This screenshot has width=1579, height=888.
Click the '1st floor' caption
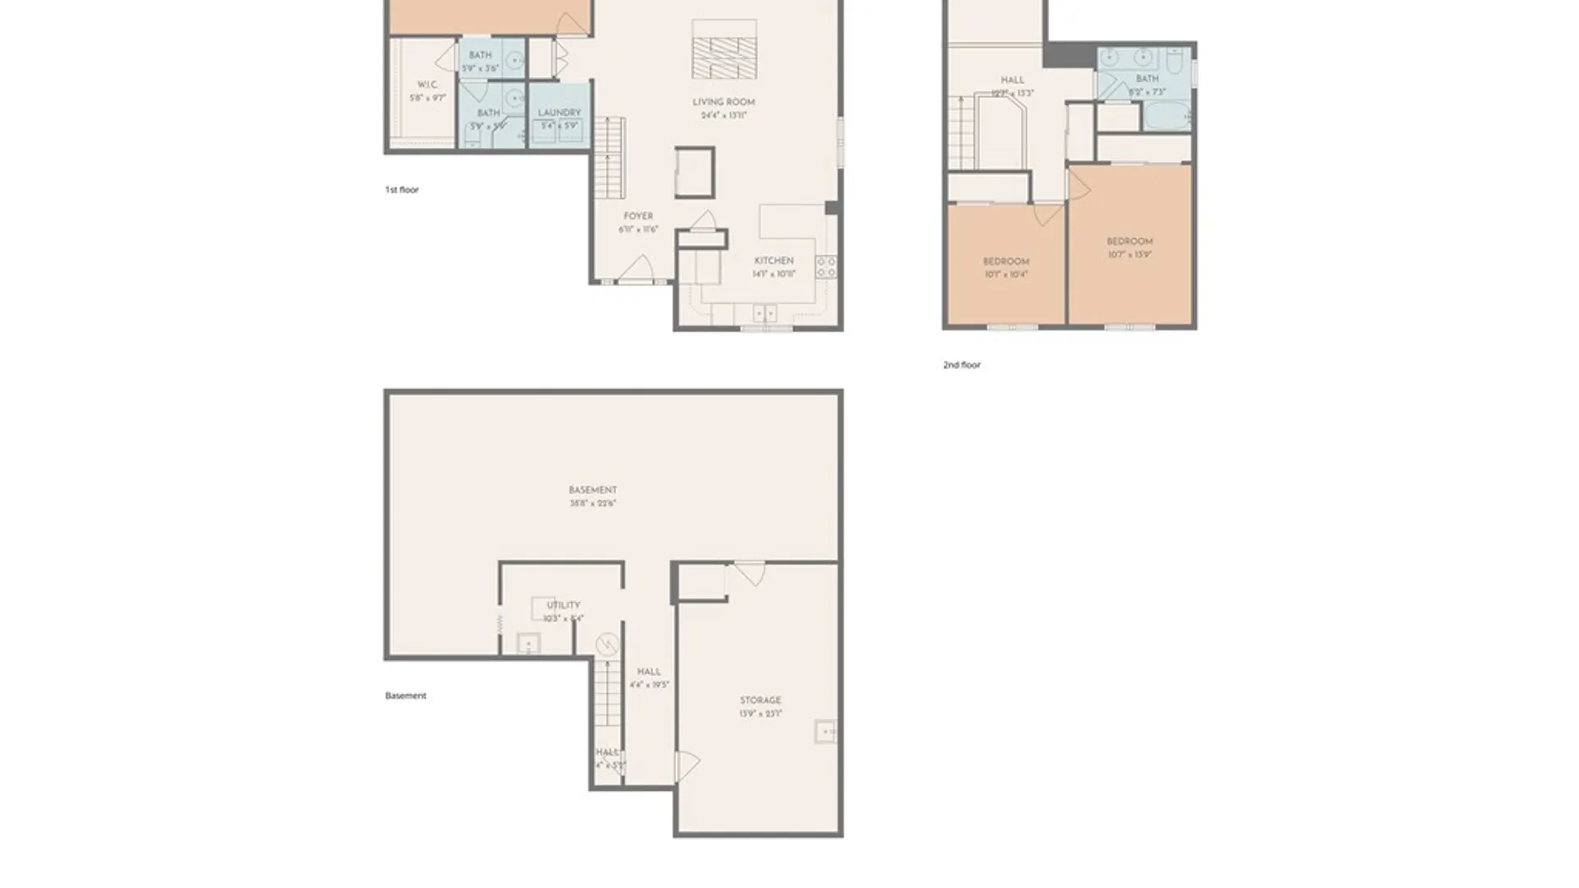click(x=401, y=190)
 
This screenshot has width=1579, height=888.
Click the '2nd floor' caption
click(x=961, y=365)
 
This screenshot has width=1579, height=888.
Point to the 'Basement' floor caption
click(x=405, y=696)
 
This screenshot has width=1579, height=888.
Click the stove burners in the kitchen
click(x=826, y=266)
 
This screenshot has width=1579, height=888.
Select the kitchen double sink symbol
click(x=765, y=313)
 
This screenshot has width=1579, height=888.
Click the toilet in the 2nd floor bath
click(x=1174, y=61)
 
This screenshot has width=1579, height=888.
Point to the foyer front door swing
click(x=638, y=268)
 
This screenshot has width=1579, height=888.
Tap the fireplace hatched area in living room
click(x=724, y=58)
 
